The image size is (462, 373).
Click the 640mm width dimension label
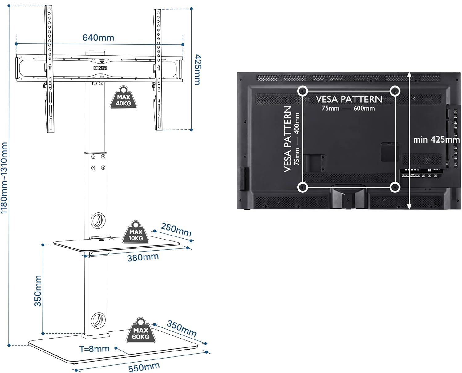(x=98, y=38)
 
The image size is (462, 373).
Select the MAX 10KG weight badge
(x=136, y=233)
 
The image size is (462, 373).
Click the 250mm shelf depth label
(x=176, y=229)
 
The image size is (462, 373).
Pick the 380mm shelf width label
(x=143, y=257)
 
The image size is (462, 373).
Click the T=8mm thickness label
(x=94, y=349)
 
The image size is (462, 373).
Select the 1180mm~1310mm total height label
(x=4, y=178)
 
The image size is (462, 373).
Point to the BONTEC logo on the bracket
(x=100, y=68)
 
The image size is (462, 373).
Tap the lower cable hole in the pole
(x=98, y=321)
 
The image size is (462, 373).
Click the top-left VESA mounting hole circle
(x=302, y=91)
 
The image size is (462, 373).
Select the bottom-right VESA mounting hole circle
(x=395, y=187)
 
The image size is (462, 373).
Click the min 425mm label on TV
(x=436, y=140)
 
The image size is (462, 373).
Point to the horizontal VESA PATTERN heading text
(x=349, y=99)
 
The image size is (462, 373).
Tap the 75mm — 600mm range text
(x=348, y=108)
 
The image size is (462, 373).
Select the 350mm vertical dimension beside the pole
(x=38, y=291)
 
